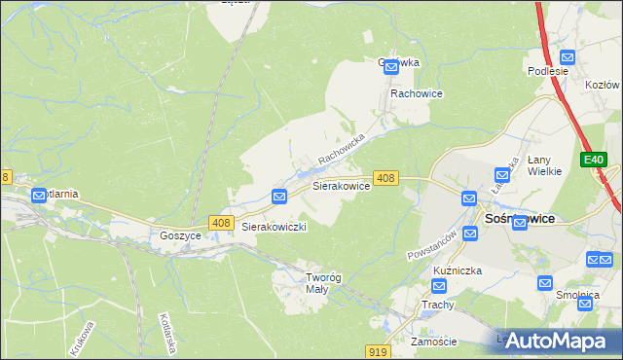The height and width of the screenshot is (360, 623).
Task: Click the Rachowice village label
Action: tap(417, 93)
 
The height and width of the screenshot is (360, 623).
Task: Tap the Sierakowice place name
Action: tap(340, 184)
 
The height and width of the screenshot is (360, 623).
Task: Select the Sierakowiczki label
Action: tap(275, 226)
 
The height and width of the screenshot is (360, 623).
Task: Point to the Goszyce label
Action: tap(180, 235)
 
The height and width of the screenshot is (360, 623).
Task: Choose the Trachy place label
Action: tap(438, 305)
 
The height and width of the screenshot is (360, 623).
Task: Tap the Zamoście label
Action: tap(433, 342)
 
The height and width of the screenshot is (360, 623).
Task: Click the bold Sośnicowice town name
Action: tap(519, 219)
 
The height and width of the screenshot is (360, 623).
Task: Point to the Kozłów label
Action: tap(604, 86)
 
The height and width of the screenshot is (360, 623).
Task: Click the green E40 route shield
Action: tap(594, 160)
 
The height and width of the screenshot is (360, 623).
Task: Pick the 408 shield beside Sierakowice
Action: tap(385, 177)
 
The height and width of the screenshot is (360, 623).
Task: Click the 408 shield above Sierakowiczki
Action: tap(219, 223)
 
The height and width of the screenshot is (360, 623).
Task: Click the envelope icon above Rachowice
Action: tap(391, 67)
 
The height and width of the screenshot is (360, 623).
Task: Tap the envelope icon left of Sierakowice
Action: tap(279, 197)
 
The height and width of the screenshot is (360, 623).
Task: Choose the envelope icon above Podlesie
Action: tap(549, 54)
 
